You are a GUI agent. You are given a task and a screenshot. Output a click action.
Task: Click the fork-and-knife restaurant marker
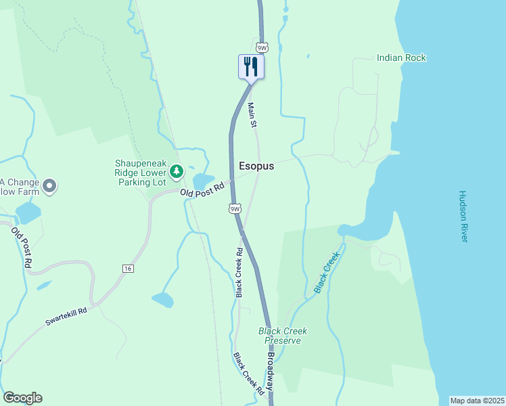[251, 67]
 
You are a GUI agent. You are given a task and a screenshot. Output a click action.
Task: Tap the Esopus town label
[256, 165]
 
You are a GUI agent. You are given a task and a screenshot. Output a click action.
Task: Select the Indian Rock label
[401, 58]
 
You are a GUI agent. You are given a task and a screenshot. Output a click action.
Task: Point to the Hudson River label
[463, 217]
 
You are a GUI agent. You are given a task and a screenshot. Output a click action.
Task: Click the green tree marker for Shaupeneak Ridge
[176, 172]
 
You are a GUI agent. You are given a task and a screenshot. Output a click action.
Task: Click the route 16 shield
[128, 269]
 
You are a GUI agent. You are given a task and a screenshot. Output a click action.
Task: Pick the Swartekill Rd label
[66, 317]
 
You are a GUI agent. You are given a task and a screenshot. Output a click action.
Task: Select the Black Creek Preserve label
[283, 336]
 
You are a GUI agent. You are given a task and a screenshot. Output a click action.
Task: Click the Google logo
[22, 398]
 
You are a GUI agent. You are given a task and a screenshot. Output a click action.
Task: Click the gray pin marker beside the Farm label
[48, 185]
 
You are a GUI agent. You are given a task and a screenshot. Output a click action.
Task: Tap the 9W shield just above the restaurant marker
[262, 47]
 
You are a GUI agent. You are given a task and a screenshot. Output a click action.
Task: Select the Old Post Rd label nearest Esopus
[202, 190]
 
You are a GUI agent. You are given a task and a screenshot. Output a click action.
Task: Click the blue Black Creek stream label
[325, 273]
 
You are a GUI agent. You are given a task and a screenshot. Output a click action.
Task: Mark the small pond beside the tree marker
[202, 181]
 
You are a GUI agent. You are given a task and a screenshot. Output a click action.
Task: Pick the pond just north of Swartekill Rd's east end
[163, 298]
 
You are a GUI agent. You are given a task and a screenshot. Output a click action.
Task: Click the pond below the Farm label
[28, 212]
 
